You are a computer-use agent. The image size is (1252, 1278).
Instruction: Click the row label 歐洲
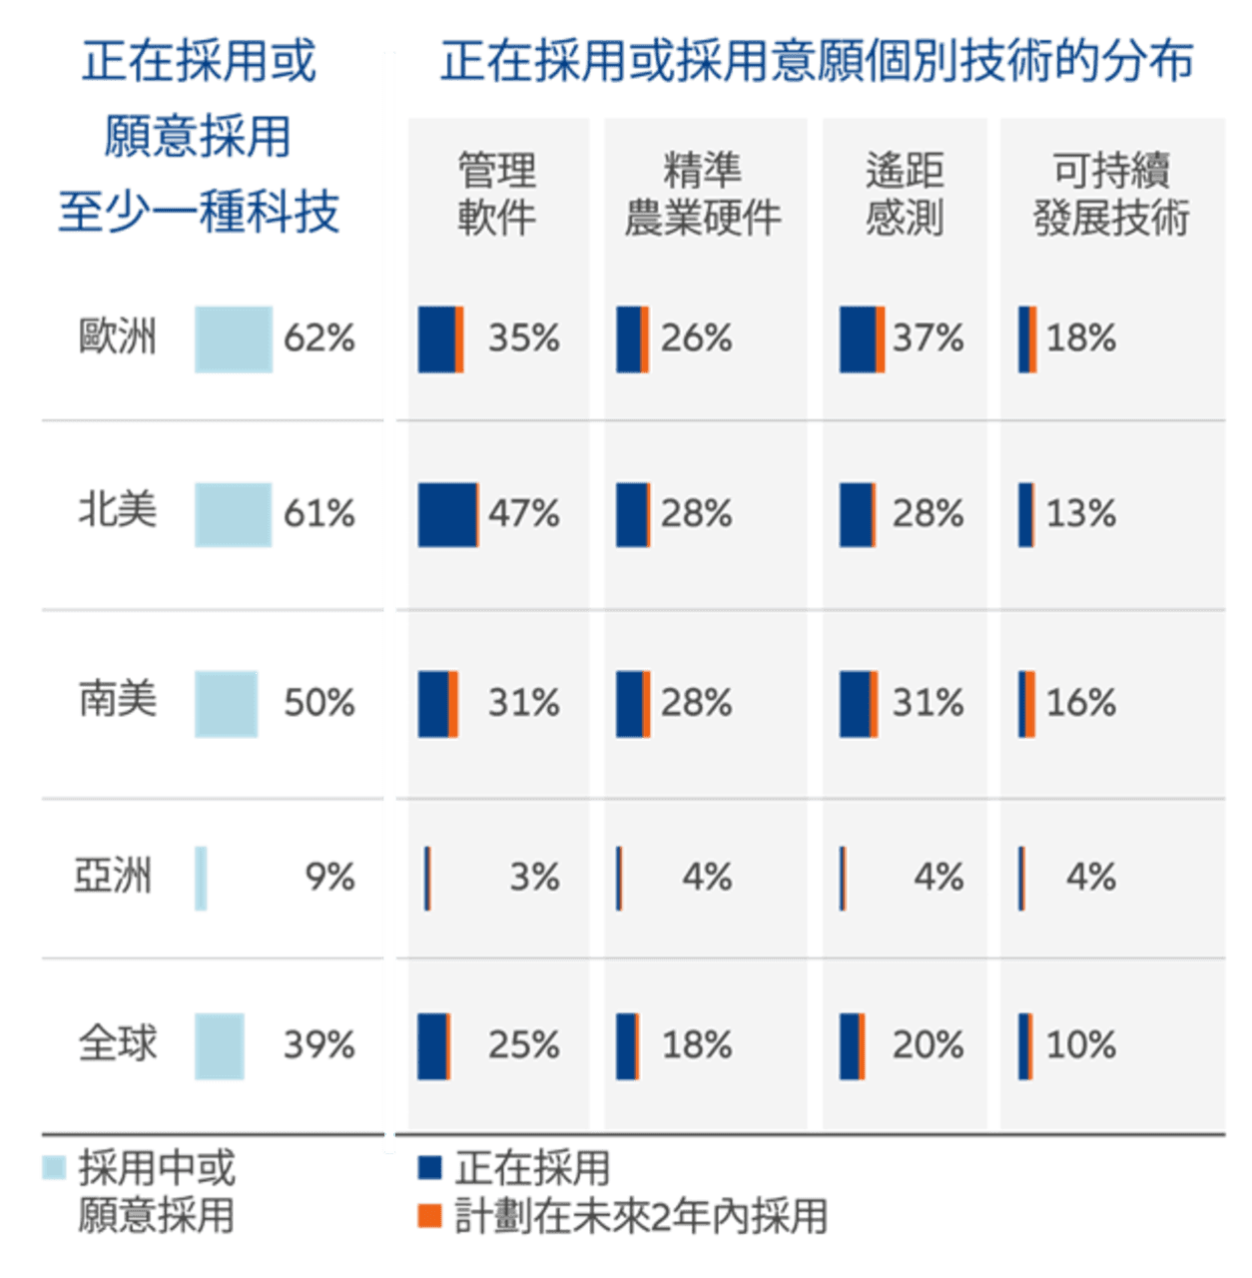(x=118, y=337)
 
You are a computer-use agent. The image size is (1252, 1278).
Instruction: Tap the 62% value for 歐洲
(x=319, y=338)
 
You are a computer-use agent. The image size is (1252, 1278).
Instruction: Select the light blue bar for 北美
(x=234, y=514)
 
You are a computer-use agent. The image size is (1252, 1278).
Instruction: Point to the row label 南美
(x=118, y=699)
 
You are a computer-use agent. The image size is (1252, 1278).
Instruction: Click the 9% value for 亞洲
(x=330, y=877)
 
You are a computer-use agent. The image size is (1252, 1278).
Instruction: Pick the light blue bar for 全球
(x=220, y=1046)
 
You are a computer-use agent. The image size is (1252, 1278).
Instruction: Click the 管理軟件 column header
(x=497, y=194)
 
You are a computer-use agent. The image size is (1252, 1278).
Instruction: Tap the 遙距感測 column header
(x=906, y=194)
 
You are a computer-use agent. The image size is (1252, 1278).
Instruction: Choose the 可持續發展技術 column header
(x=1112, y=194)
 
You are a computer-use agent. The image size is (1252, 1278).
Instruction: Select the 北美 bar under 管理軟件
(x=448, y=514)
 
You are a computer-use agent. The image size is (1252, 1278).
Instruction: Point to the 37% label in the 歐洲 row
(x=929, y=338)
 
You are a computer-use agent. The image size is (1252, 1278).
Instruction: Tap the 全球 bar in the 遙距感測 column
(x=852, y=1046)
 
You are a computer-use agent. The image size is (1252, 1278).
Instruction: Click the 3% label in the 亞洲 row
(x=535, y=878)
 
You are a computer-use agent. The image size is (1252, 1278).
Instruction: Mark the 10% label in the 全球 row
(x=1080, y=1045)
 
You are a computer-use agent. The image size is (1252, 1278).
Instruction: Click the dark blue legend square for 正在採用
(x=429, y=1167)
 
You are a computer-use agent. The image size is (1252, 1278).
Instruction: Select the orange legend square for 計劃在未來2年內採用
(x=429, y=1216)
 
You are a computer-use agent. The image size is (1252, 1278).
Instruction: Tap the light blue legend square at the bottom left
(x=54, y=1167)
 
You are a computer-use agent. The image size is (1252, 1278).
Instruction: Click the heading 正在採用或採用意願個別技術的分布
(x=816, y=62)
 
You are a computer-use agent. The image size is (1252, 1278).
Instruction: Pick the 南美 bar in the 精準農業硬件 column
(x=633, y=703)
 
